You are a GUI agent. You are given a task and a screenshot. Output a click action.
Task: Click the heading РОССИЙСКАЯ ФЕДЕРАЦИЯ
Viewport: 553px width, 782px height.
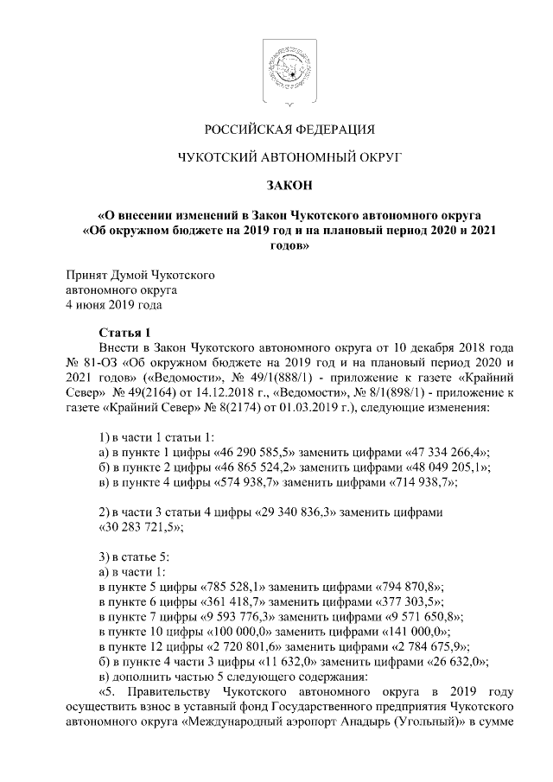coord(276,130)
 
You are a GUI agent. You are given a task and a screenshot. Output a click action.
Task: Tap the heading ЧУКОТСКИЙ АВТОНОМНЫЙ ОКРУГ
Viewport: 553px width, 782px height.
coord(276,157)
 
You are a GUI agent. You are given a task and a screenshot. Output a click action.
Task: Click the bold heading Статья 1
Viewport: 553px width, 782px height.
coord(124,333)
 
